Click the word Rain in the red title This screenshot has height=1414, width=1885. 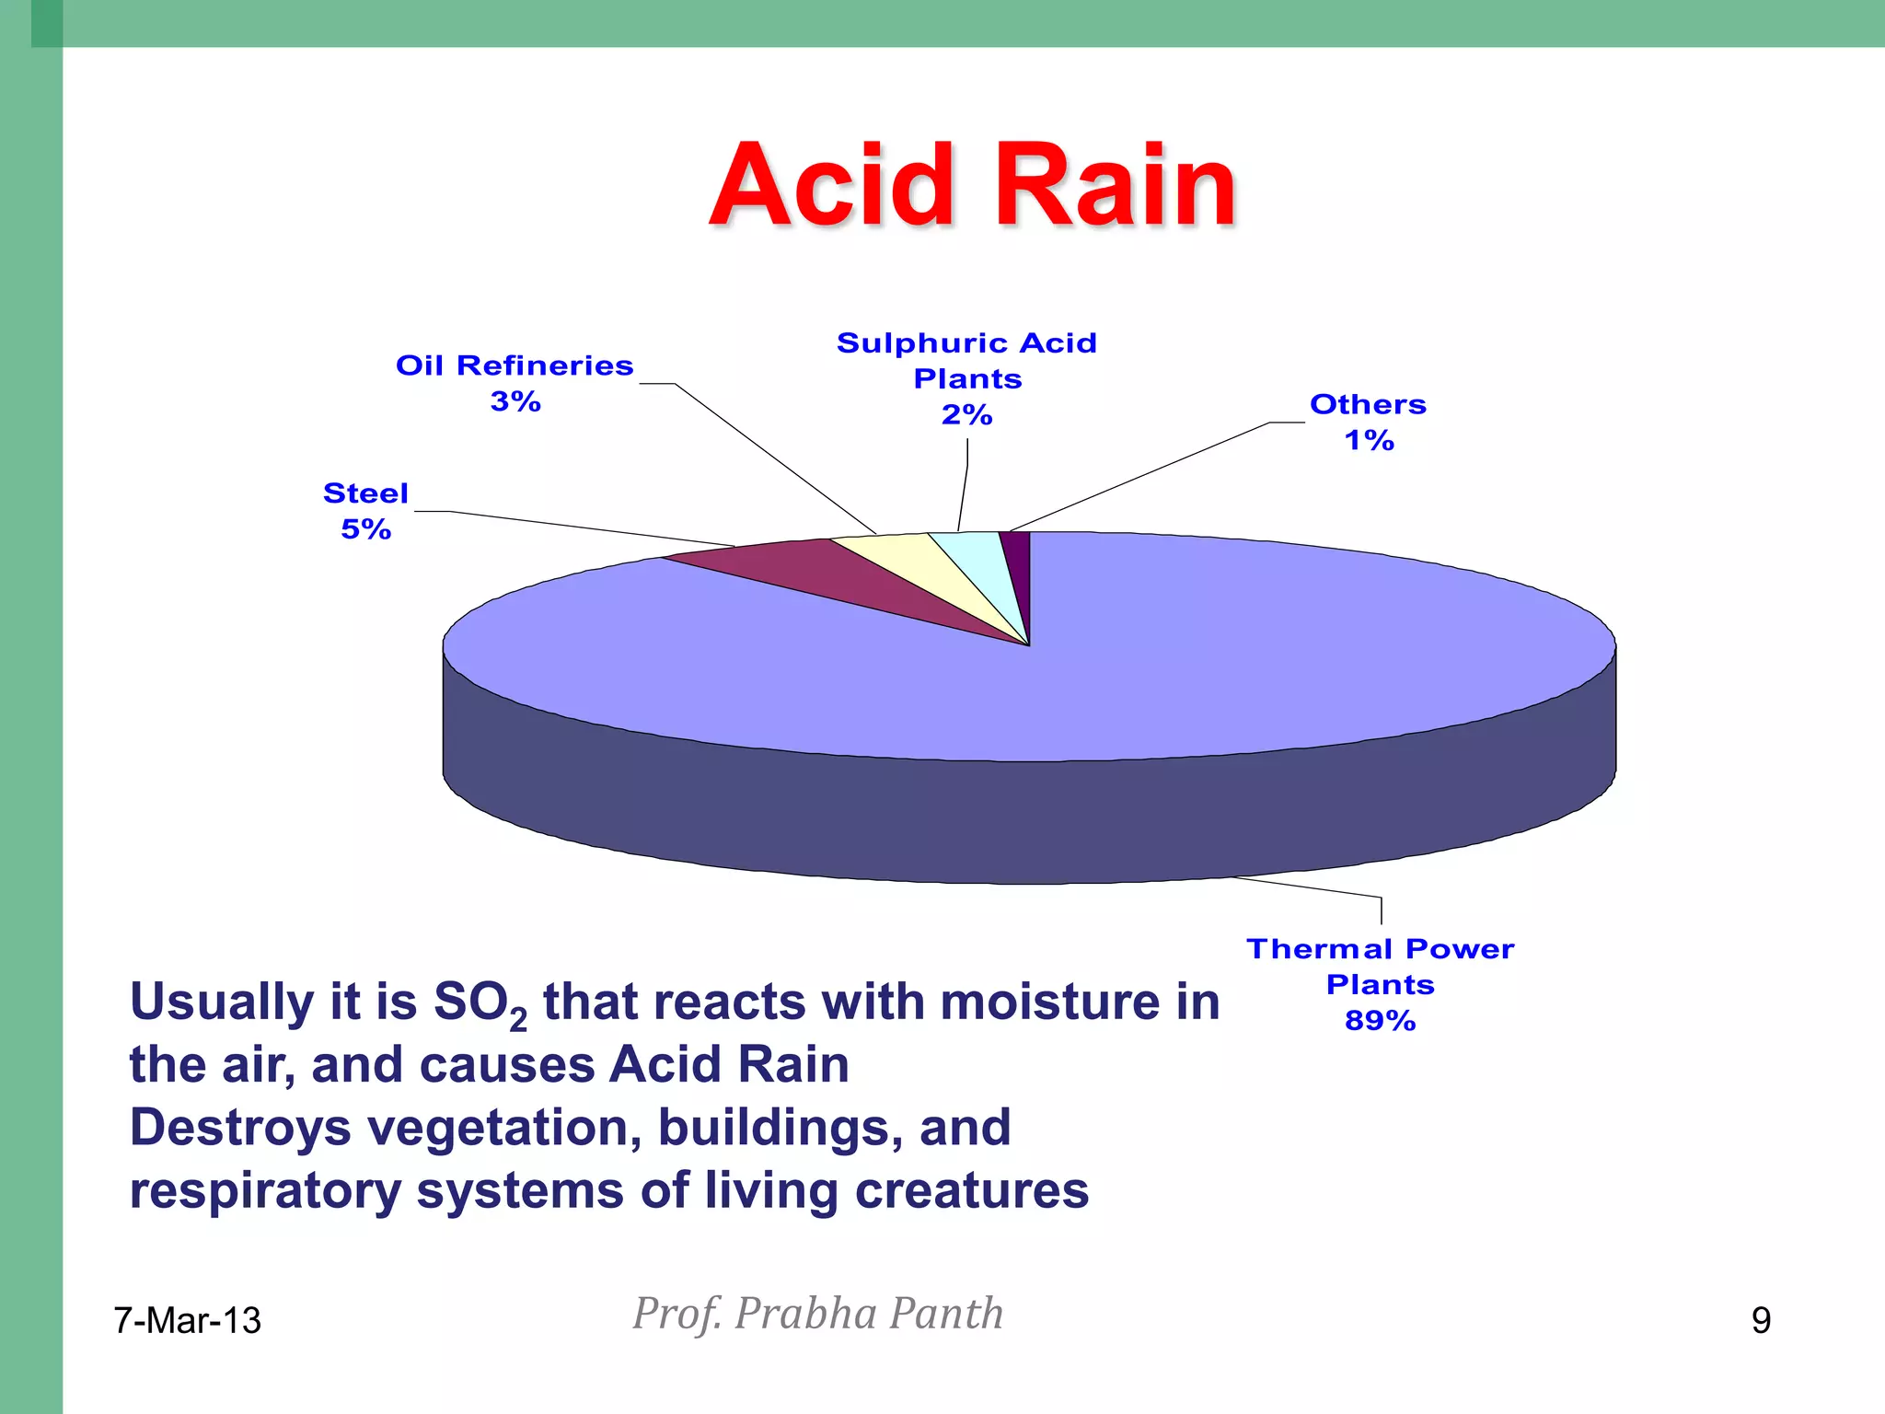pos(1116,186)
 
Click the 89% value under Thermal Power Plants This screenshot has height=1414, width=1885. pos(1379,1021)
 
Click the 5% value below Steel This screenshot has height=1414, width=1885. pos(365,529)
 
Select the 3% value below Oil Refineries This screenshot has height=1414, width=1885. pos(515,401)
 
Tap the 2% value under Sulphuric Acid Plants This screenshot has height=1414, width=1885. pos(966,415)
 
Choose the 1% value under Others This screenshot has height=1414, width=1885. pos(1369,441)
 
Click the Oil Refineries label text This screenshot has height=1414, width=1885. pos(515,365)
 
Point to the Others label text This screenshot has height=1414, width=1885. pos(1368,404)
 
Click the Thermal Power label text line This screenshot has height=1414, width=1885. pos(1379,949)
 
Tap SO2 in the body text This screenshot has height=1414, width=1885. pos(479,1003)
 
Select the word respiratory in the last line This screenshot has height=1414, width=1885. pos(264,1191)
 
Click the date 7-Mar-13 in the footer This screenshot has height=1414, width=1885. pos(187,1321)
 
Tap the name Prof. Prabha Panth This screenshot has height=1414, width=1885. pos(817,1314)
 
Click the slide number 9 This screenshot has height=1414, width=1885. pos(1760,1321)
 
